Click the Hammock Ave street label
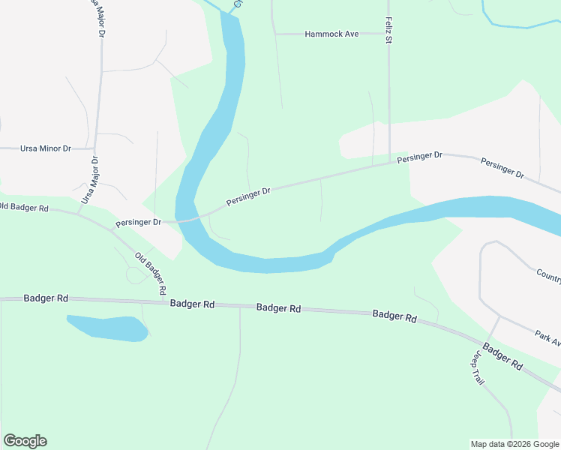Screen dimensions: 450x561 [x=332, y=34]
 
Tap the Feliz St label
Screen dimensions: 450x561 [x=388, y=30]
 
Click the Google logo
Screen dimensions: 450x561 [x=25, y=440]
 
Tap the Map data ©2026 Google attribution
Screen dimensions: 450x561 [x=514, y=444]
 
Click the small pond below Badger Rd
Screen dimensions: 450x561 [x=108, y=328]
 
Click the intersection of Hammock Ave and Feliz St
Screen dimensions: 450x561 [x=388, y=34]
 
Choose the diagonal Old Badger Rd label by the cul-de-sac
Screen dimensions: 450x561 [x=150, y=273]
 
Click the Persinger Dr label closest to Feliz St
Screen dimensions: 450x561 [x=420, y=157]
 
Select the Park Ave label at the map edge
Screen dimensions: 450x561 [x=548, y=338]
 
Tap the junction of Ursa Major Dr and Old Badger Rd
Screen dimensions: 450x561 [x=79, y=212]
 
